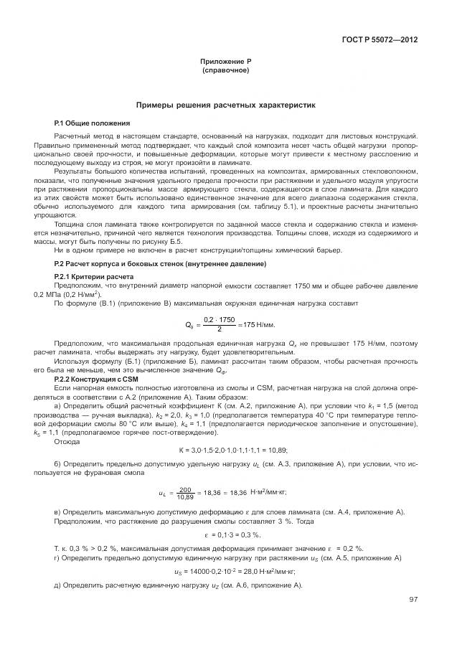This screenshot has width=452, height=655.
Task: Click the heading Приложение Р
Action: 225,63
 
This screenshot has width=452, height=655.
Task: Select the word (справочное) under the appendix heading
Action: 225,72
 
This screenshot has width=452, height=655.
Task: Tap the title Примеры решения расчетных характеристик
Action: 225,105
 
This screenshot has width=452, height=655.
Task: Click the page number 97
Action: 413,599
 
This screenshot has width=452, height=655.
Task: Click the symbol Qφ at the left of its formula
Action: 189,324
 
